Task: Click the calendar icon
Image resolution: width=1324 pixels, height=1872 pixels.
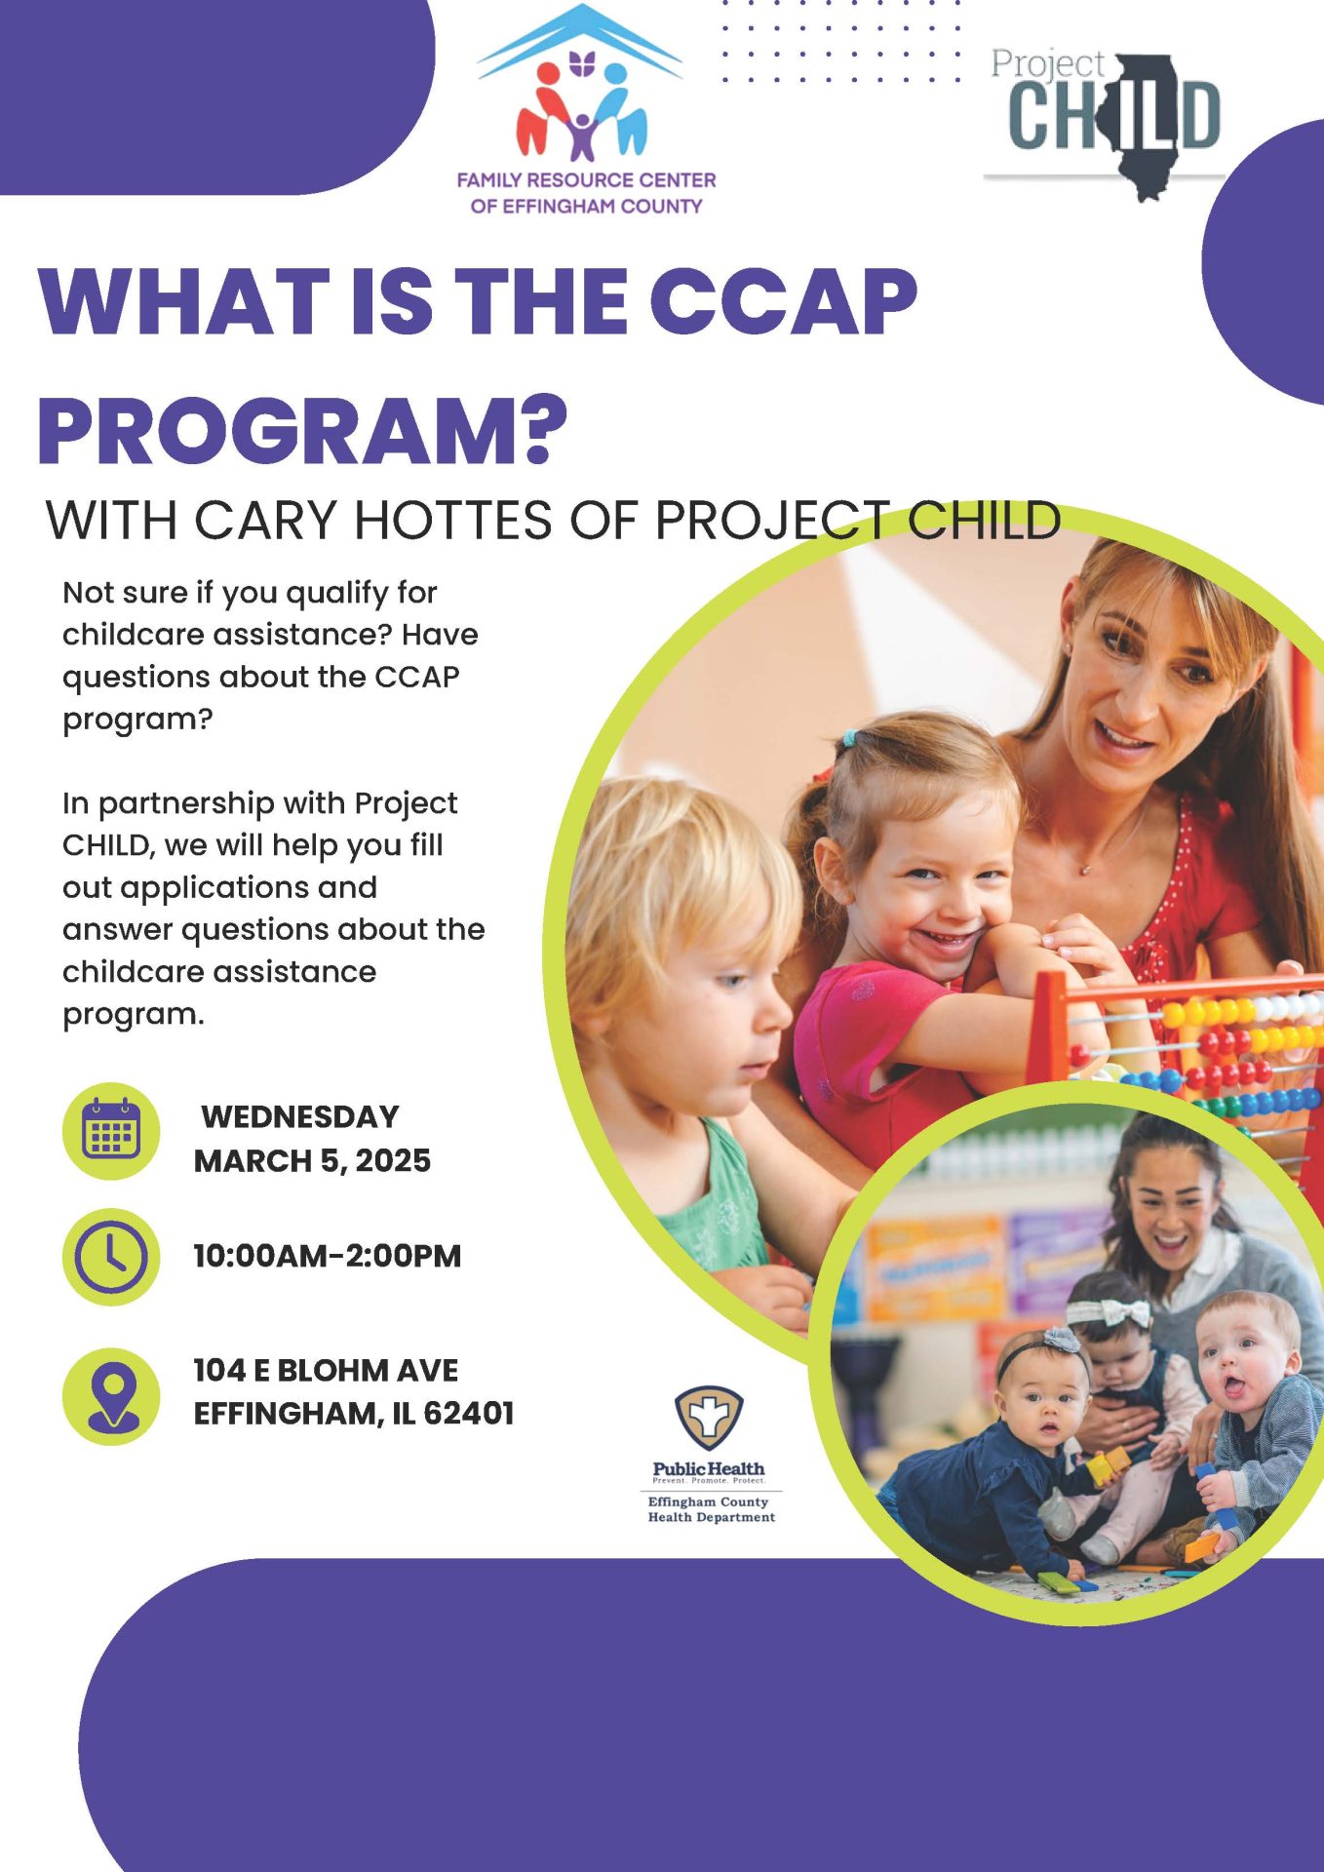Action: coord(111,1131)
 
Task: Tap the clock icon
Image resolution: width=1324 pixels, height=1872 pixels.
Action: coord(111,1257)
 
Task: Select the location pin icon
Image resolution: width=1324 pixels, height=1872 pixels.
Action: coord(111,1396)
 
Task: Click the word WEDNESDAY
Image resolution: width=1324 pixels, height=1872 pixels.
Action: coord(300,1116)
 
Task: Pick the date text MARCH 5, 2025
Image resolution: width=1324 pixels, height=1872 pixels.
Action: coord(312,1160)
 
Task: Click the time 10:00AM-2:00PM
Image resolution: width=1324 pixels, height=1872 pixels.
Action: coord(328,1256)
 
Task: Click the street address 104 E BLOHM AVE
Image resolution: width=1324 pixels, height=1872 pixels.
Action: coord(326,1370)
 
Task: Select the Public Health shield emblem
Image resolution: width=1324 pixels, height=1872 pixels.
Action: coord(709,1419)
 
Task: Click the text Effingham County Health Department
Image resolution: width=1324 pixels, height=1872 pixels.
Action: coord(712,1509)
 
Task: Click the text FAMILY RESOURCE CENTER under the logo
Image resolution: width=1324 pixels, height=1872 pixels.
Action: coord(586,180)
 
